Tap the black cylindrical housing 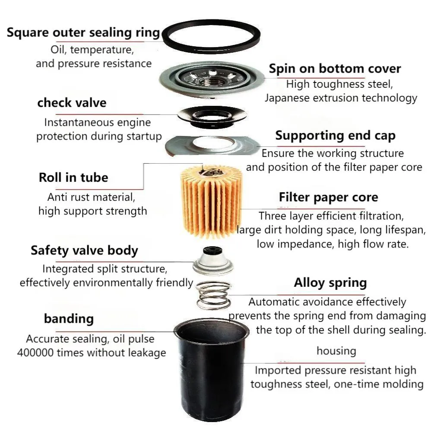(212, 376)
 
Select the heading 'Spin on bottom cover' (335, 69)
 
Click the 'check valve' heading (72, 103)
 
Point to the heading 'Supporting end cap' (335, 136)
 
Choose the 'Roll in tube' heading (73, 177)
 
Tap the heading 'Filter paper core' (328, 197)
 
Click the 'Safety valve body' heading (84, 251)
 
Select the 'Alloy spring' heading (330, 283)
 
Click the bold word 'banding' (69, 319)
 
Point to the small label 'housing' (336, 350)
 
